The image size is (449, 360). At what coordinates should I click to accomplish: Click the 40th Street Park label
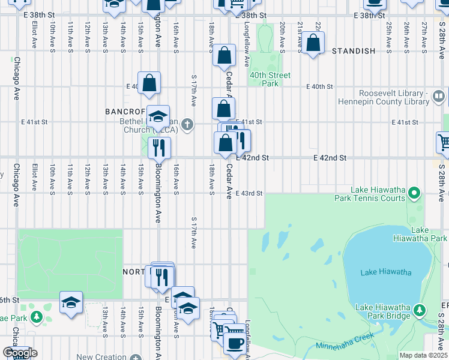pyautogui.click(x=270, y=79)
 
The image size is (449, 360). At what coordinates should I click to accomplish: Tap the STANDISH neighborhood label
pyautogui.click(x=354, y=51)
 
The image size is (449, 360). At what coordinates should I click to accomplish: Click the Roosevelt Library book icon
pyautogui.click(x=439, y=95)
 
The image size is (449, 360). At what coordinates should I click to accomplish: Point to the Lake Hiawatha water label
pyautogui.click(x=386, y=272)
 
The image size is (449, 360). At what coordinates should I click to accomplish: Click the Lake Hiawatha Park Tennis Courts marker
pyautogui.click(x=414, y=193)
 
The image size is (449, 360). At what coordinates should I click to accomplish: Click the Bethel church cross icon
pyautogui.click(x=187, y=125)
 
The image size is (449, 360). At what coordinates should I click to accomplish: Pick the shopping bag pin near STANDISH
pyautogui.click(x=313, y=43)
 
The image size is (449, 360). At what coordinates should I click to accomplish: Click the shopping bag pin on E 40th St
pyautogui.click(x=149, y=84)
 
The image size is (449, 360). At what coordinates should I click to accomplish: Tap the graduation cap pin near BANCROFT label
pyautogui.click(x=158, y=117)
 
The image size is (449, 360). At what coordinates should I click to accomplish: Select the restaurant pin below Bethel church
pyautogui.click(x=159, y=148)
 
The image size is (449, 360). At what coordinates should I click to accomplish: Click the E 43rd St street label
pyautogui.click(x=250, y=193)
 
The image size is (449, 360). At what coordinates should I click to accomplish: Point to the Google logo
pyautogui.click(x=20, y=353)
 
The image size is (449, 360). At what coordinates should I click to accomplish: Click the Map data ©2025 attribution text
pyautogui.click(x=423, y=355)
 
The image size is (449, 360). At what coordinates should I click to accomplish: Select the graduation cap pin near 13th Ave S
pyautogui.click(x=71, y=303)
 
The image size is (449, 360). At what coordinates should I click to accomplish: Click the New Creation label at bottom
pyautogui.click(x=101, y=356)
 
